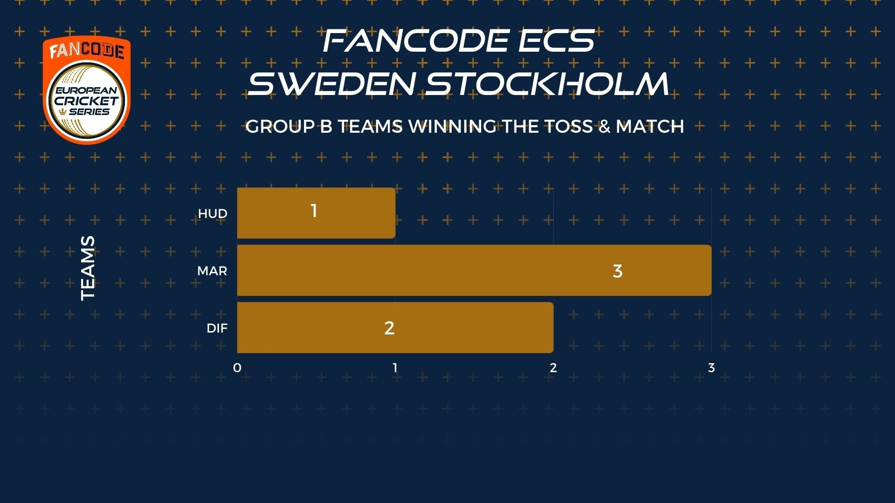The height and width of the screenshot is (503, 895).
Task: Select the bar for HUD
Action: (316, 213)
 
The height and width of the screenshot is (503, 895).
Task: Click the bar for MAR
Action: (474, 270)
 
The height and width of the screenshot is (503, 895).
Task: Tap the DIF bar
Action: (395, 327)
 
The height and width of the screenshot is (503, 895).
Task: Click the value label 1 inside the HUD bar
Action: (314, 211)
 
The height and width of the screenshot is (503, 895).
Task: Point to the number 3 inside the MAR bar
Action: (618, 271)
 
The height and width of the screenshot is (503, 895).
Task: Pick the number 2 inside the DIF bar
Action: (389, 328)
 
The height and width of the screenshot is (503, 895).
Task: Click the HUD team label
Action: (213, 214)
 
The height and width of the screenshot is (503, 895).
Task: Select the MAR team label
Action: (212, 271)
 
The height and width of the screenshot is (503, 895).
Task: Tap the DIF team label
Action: (217, 328)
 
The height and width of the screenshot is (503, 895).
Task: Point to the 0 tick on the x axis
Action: (237, 368)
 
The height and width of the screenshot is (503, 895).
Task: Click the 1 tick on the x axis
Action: (395, 368)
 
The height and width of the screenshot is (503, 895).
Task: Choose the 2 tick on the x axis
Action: (553, 368)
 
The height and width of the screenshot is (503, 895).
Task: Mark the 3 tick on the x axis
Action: (711, 368)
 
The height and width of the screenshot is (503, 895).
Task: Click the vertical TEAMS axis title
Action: (88, 268)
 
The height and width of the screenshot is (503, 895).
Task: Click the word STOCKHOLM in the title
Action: (548, 84)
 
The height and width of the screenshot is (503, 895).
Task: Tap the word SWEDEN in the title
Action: (331, 84)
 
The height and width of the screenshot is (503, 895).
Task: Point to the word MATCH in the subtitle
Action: (650, 126)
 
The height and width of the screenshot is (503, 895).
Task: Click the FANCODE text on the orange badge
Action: (87, 51)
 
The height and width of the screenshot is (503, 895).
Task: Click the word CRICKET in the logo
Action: (87, 101)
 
